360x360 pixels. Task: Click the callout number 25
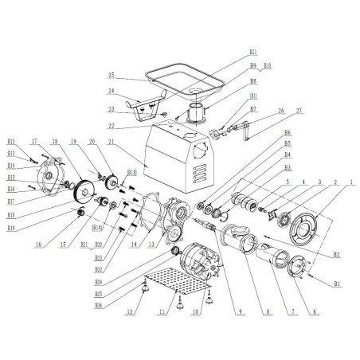click(x=113, y=76)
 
